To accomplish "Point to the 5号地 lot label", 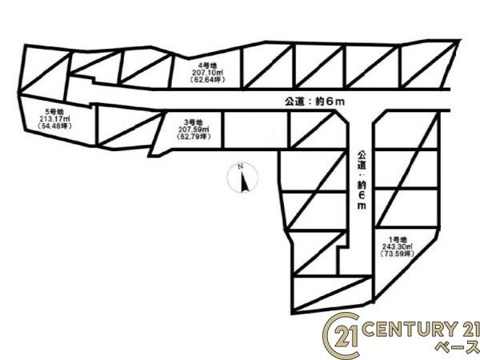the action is (54, 112).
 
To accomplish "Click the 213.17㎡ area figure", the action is (54, 118).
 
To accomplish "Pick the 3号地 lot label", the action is (194, 122).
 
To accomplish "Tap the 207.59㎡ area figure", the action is (194, 130).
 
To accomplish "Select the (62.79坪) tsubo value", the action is (194, 137).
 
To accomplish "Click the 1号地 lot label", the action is (398, 240).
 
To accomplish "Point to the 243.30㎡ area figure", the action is (398, 246).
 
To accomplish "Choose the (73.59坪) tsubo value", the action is (398, 254).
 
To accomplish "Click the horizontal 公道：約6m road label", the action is (314, 102).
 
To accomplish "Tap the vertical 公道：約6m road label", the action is (362, 180).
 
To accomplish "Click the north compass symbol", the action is (242, 178).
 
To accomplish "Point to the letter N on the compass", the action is (241, 167).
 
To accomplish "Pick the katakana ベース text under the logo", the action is (458, 346).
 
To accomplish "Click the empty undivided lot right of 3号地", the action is (256, 130).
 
